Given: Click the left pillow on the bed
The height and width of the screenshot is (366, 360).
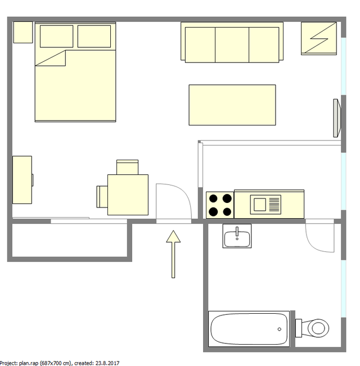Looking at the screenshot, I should click(x=57, y=37).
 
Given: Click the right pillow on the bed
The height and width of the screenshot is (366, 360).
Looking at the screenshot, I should click(x=94, y=37).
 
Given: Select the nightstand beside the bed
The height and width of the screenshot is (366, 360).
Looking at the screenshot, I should click(x=23, y=32).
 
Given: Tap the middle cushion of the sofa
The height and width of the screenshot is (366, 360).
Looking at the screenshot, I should click(x=232, y=44).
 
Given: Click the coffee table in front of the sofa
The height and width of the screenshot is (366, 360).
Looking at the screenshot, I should click(x=232, y=105).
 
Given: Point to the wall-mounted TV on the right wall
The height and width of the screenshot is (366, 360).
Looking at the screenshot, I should click(x=337, y=117).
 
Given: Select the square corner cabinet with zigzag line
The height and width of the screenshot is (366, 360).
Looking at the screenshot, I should click(x=319, y=38).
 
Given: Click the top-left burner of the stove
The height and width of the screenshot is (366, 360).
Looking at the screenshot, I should click(x=214, y=198).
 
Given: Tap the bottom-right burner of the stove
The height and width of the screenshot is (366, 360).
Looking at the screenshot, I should click(x=227, y=211).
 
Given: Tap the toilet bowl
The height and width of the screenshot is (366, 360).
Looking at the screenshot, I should click(x=318, y=327).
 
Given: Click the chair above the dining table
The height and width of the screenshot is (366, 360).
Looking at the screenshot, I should click(x=127, y=167).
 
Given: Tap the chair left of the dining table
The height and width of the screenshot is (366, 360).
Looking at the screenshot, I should click(x=102, y=196).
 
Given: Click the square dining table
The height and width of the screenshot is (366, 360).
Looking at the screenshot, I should click(x=128, y=195).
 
